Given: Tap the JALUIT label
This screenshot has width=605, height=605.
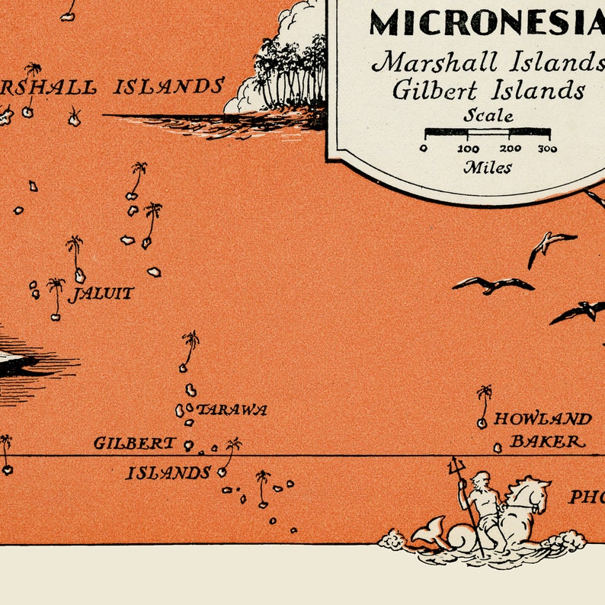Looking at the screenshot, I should [101, 293].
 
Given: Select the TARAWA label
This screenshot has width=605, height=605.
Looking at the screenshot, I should [232, 410].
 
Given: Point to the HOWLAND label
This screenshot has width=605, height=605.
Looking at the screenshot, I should [543, 419].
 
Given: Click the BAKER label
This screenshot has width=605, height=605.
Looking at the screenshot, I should [547, 441].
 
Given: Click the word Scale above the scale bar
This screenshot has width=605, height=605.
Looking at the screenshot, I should [488, 117].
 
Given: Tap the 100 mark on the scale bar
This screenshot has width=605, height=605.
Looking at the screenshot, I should [468, 149].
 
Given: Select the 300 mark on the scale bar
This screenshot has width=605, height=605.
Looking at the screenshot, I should [547, 149].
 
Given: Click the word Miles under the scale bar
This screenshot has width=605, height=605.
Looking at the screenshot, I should [488, 168].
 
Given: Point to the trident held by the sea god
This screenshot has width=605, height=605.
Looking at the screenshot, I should [456, 466].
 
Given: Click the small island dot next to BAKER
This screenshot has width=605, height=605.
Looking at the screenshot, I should [498, 448].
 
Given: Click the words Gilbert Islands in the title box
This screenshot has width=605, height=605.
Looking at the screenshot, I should [488, 90].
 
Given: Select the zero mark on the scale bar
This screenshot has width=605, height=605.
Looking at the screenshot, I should [424, 149].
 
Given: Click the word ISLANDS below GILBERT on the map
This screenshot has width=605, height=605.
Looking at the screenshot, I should [168, 473].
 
